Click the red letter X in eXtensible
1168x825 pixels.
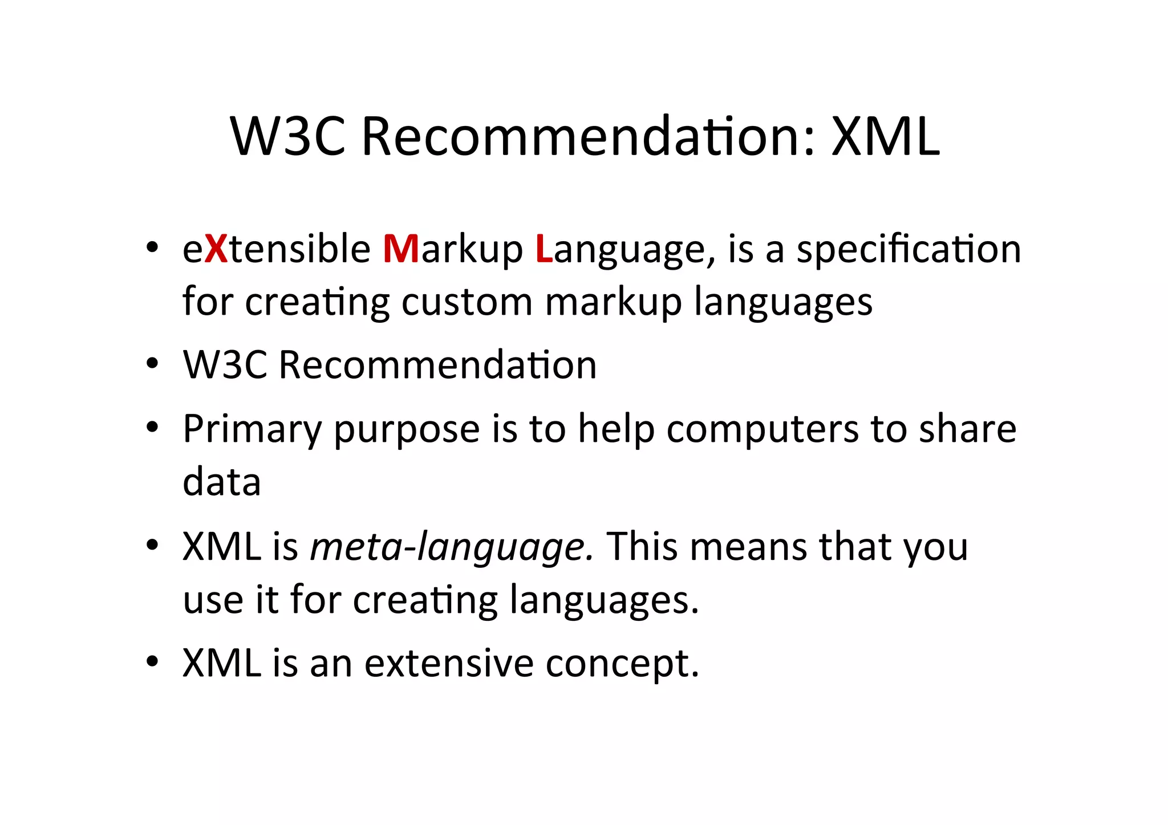tap(216, 249)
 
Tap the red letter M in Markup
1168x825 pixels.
tap(401, 249)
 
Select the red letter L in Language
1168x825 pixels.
tap(544, 249)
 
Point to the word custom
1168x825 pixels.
tap(467, 302)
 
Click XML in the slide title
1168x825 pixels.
tap(885, 137)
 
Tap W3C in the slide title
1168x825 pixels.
tap(288, 137)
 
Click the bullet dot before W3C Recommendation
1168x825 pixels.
tap(151, 364)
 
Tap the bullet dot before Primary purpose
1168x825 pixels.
tap(151, 428)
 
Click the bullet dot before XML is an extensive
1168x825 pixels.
tap(151, 662)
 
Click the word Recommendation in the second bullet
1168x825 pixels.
tap(437, 365)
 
